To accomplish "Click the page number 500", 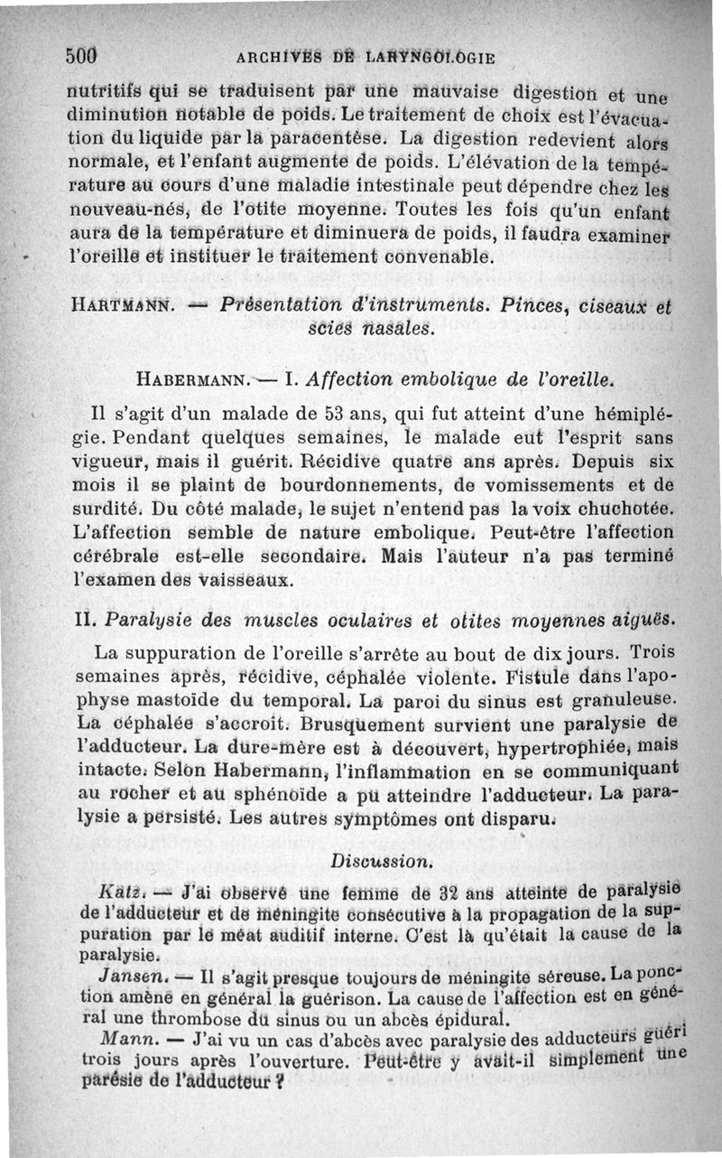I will point(81,53).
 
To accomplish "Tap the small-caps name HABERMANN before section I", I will point(188,379).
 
